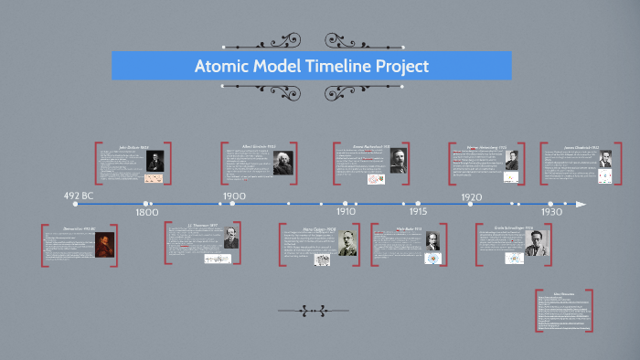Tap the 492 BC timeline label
click(79, 196)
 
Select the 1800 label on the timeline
click(147, 211)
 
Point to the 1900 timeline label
click(234, 196)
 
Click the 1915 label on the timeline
click(418, 211)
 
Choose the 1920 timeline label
click(472, 196)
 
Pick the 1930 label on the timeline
click(550, 211)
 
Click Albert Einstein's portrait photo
click(283, 163)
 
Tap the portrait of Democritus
click(105, 244)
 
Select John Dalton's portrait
click(155, 160)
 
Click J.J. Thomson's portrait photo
click(230, 238)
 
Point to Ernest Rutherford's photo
click(400, 160)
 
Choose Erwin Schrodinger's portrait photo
click(535, 243)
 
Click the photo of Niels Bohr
click(431, 241)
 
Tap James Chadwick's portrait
click(605, 158)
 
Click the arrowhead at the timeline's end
click(581, 204)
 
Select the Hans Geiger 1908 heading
click(320, 228)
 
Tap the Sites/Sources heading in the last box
click(563, 294)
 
